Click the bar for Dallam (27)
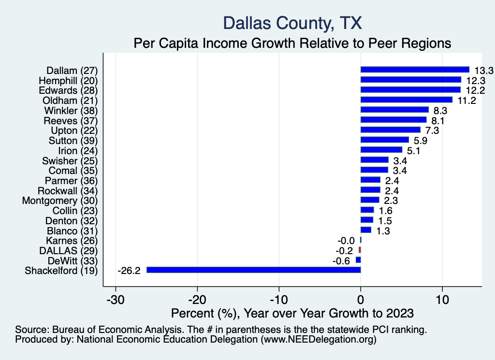[415, 70]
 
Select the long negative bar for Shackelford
[253, 270]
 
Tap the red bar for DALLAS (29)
[360, 250]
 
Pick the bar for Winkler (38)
[394, 110]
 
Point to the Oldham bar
[406, 100]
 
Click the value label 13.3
[483, 71]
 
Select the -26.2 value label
[129, 271]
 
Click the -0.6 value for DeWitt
[343, 260]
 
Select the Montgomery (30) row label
[60, 201]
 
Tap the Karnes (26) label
[72, 241]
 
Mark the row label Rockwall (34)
[68, 190]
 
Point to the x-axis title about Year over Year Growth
[292, 313]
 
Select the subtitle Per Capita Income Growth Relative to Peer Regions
[292, 43]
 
